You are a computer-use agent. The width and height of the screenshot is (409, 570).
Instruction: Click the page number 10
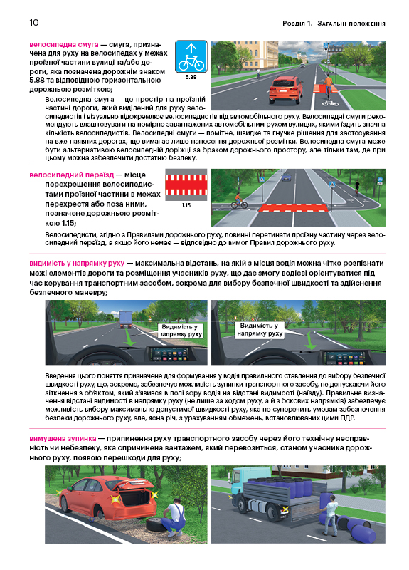pos(33,23)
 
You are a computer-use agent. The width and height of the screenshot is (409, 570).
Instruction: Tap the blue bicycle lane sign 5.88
pos(191,56)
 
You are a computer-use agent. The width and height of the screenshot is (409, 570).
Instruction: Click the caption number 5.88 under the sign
pos(191,77)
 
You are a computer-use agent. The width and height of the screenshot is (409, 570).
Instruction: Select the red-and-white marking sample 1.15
pos(186,185)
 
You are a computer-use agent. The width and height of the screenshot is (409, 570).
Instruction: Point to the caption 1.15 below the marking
pos(186,205)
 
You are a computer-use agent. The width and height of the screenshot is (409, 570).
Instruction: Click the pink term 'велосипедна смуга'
pos(64,45)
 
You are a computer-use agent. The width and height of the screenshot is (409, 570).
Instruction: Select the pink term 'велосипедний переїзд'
pos(72,175)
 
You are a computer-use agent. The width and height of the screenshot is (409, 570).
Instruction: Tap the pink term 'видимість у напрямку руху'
pos(77,263)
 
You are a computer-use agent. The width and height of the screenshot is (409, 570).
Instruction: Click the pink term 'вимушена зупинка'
pos(63,438)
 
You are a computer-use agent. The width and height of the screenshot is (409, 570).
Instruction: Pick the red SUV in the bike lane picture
pos(286,89)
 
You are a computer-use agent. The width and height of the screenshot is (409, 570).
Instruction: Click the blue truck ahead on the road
pos(126,318)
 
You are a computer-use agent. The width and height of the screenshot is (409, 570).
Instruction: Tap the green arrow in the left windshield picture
pos(129,336)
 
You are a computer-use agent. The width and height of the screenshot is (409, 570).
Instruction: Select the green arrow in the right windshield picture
pos(309,341)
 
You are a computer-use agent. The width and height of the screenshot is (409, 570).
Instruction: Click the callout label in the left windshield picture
pos(181,331)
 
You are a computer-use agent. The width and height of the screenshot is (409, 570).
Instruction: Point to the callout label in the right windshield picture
pos(260,330)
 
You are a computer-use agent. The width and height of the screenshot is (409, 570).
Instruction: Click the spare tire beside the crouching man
pos(155,524)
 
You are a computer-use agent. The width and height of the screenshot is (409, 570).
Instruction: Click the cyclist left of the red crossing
pos(238,200)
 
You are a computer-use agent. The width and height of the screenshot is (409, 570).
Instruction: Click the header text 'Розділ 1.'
pos(297,24)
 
